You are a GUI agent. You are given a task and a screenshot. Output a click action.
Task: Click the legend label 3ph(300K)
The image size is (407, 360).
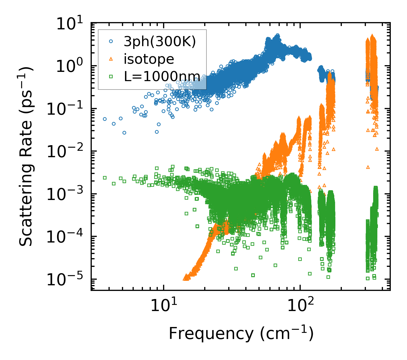pos(160,42)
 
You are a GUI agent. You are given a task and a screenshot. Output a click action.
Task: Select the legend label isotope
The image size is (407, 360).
pos(149,59)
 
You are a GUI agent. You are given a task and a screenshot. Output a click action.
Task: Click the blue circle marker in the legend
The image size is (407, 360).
pos(111,41)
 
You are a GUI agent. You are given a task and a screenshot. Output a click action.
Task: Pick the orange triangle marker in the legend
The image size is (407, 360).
pos(111,59)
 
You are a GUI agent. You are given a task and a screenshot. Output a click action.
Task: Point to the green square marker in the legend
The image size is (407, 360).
pos(111,76)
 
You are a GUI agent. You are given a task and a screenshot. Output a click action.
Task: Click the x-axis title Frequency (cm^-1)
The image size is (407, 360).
pos(241,333)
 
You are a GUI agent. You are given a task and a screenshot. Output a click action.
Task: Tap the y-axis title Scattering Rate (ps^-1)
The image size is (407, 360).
pos(27,157)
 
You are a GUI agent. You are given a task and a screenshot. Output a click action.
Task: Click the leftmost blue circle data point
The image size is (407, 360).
pos(105,119)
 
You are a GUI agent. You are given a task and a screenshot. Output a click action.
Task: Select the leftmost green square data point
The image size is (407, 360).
pos(105,178)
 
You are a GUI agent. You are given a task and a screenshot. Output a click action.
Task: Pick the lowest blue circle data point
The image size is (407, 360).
pos(124,133)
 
